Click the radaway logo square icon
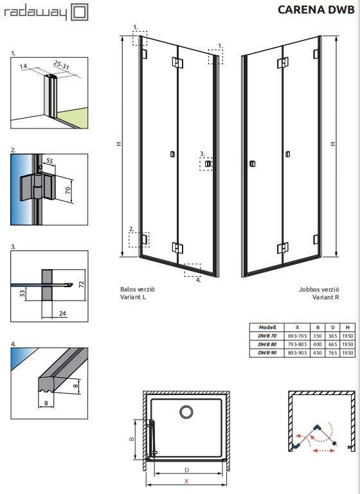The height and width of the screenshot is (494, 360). point(80,12)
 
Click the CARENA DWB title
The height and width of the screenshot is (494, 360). point(316,10)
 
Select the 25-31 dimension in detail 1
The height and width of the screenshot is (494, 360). point(62,65)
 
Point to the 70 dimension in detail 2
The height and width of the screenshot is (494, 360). point(68,190)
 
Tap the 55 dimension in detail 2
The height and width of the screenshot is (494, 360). point(50,161)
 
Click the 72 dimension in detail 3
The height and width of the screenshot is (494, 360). point(82,284)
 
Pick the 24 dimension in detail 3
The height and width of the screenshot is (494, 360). point(62,313)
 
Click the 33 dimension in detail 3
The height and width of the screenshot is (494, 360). point(22,294)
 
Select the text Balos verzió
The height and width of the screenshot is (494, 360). point(138,289)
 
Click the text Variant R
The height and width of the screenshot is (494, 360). point(326,297)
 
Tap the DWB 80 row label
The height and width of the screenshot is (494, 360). point(267,344)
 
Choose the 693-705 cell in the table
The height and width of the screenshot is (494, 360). point(297,336)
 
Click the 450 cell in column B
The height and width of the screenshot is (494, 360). point(318,353)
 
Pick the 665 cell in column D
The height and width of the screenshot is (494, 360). point(333,344)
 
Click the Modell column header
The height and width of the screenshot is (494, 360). point(267,328)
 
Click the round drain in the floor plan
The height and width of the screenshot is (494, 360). point(186,412)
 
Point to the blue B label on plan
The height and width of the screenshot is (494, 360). point(132,439)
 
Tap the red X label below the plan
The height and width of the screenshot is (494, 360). point(186,481)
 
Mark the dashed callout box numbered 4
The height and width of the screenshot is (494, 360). point(192,270)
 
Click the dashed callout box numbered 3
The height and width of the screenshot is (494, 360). point(206,164)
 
